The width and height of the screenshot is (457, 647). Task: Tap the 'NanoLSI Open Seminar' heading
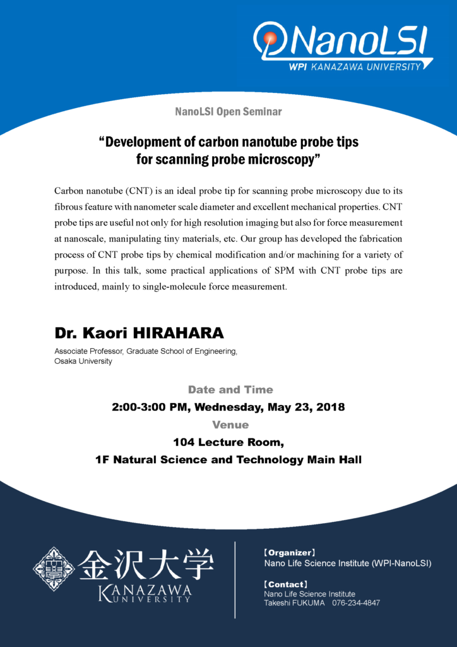[228, 112]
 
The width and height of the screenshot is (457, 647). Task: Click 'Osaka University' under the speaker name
[83, 361]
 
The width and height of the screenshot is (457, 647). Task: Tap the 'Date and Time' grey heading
[230, 390]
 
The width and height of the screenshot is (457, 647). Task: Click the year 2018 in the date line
[330, 407]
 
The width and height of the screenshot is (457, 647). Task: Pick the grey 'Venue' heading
[230, 425]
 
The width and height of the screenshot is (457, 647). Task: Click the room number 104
[184, 442]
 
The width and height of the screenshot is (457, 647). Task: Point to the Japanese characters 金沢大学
[146, 564]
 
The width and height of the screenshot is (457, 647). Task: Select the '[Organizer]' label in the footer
[289, 552]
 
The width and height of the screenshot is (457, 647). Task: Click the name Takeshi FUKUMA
[294, 603]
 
